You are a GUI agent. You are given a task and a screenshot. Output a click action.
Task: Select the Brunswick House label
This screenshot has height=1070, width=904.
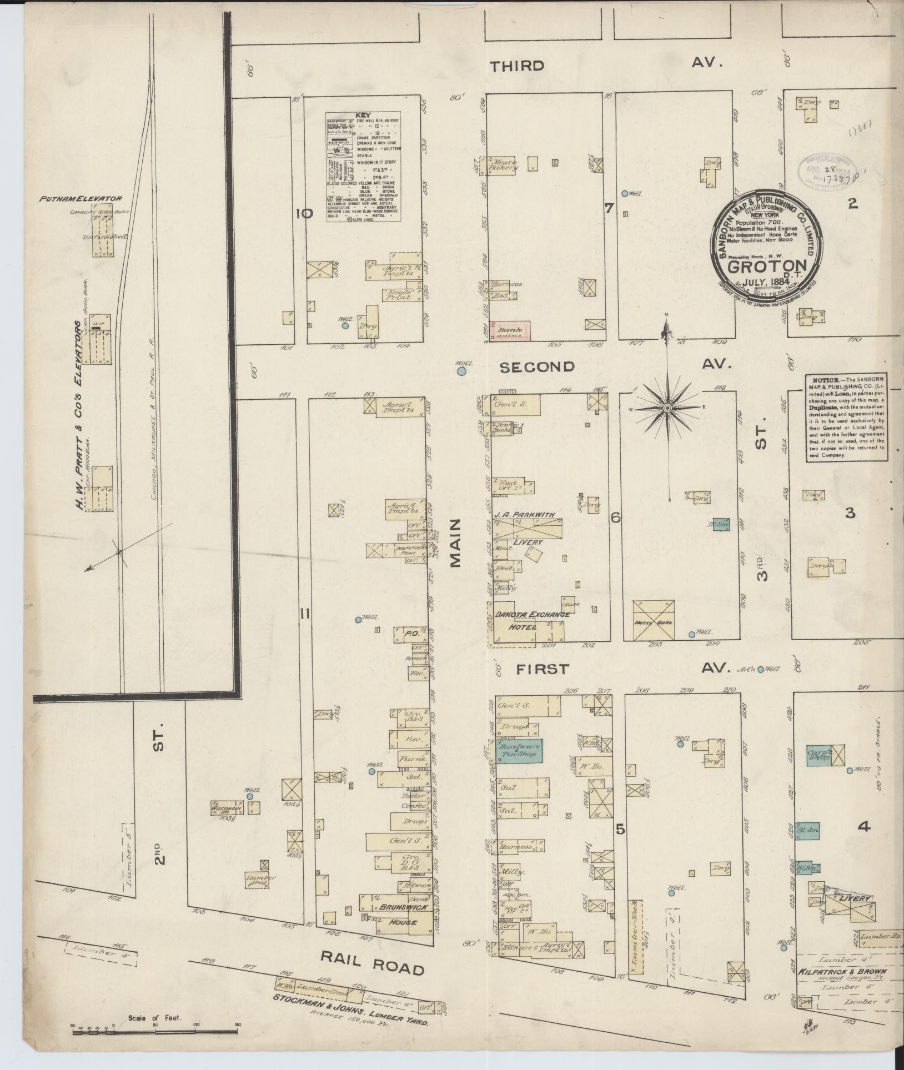pos(404,914)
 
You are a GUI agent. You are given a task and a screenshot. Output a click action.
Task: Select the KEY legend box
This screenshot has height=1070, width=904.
pos(364,167)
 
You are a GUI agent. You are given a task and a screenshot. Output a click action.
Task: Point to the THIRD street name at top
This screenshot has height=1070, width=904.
pos(517,66)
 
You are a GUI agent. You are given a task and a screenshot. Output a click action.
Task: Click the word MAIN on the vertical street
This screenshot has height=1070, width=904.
pos(456,543)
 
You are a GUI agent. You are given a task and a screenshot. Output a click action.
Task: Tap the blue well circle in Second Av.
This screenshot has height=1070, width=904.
pos(460,371)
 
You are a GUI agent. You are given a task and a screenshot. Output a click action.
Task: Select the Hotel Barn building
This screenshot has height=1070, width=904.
pos(654,621)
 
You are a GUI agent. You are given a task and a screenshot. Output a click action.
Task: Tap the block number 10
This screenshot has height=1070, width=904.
pos(305,214)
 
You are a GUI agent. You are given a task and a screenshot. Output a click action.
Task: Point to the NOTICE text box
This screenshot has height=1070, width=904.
pos(845,416)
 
